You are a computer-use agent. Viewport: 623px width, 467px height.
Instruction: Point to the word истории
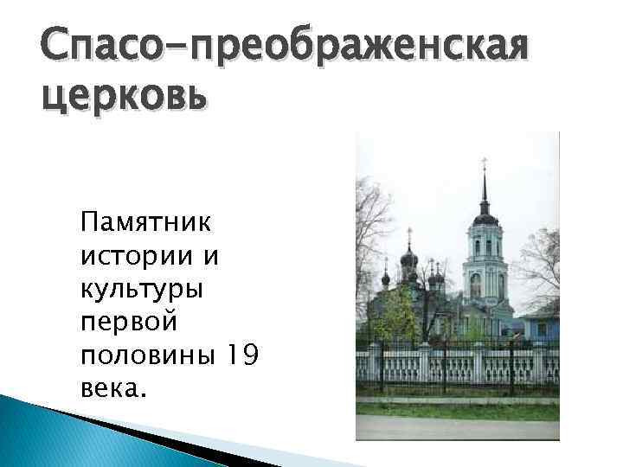[129, 257]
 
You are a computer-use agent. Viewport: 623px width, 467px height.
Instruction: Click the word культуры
[142, 290]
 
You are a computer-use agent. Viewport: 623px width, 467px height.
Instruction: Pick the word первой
[128, 322]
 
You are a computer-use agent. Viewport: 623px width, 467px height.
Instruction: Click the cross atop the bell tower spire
[484, 163]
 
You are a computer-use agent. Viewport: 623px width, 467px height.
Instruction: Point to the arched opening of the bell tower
[476, 285]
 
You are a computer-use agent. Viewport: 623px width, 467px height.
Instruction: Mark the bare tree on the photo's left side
[372, 225]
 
